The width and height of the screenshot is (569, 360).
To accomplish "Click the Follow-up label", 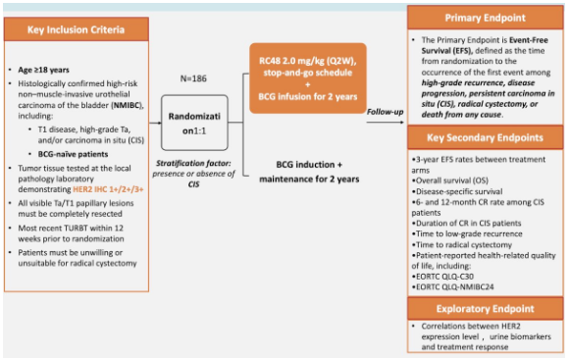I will click(x=383, y=112).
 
